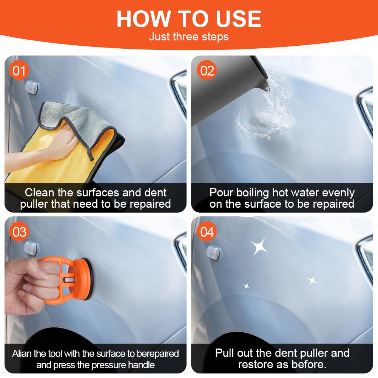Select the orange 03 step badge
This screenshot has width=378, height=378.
pos(19,231)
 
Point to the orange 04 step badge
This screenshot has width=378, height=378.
pos(207,231)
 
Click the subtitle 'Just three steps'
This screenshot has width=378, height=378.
pos(189,37)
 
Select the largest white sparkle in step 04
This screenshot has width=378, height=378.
pos(259,247)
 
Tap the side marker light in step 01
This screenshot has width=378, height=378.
pos(32,88)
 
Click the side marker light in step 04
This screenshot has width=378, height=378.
pos(213,253)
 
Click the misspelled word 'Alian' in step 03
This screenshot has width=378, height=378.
pos(22,353)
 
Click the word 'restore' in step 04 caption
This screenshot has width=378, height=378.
pos(256,364)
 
